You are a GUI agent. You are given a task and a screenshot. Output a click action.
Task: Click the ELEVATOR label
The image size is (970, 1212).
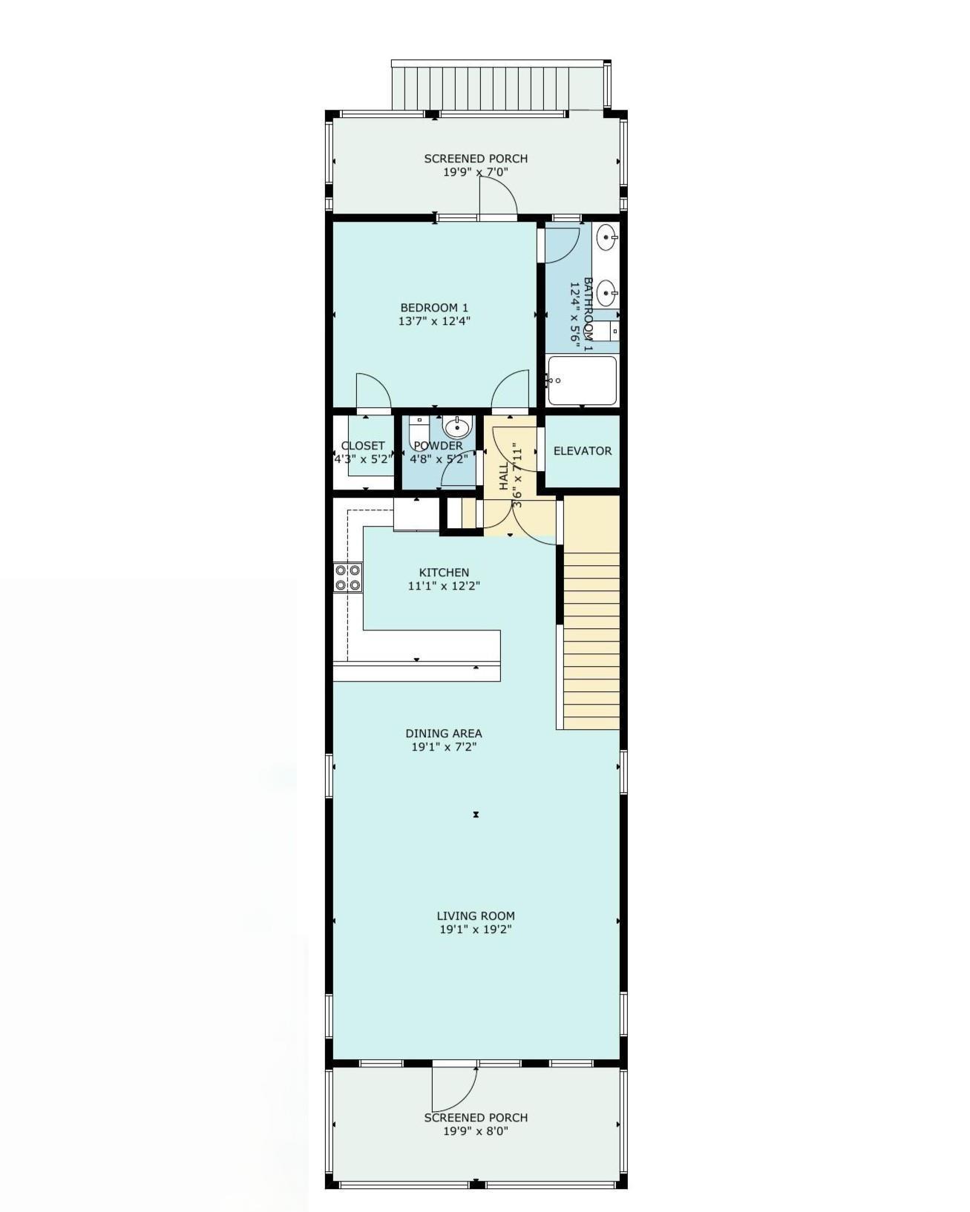[583, 451]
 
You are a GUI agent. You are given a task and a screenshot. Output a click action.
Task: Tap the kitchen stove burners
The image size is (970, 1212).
[347, 578]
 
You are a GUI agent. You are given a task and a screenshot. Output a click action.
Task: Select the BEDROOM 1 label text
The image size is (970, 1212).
[434, 308]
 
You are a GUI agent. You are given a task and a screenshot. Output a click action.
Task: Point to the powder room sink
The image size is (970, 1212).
[457, 427]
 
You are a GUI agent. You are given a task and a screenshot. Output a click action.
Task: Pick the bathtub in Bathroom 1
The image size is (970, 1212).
[582, 381]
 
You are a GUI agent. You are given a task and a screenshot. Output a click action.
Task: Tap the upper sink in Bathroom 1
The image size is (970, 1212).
[607, 237]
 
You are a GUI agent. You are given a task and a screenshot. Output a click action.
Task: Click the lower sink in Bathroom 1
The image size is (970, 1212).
[607, 293]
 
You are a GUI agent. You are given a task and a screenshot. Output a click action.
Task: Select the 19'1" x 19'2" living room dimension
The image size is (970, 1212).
[476, 929]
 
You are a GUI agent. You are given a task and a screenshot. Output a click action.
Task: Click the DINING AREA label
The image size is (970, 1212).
[444, 734]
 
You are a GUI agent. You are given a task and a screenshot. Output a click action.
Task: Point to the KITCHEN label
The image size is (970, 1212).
[444, 573]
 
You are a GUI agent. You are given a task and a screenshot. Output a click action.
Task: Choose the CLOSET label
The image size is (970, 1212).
[363, 446]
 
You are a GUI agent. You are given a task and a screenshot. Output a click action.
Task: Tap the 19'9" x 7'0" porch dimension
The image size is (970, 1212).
[476, 172]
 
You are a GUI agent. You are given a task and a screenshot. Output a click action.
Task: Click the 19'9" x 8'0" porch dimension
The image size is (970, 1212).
[476, 1131]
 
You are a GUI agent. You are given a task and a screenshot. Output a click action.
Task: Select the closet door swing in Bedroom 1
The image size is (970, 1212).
[373, 391]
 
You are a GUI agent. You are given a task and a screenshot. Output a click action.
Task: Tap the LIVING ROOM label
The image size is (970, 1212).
[476, 916]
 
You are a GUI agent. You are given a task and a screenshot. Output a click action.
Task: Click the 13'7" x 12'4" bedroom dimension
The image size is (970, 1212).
[434, 321]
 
